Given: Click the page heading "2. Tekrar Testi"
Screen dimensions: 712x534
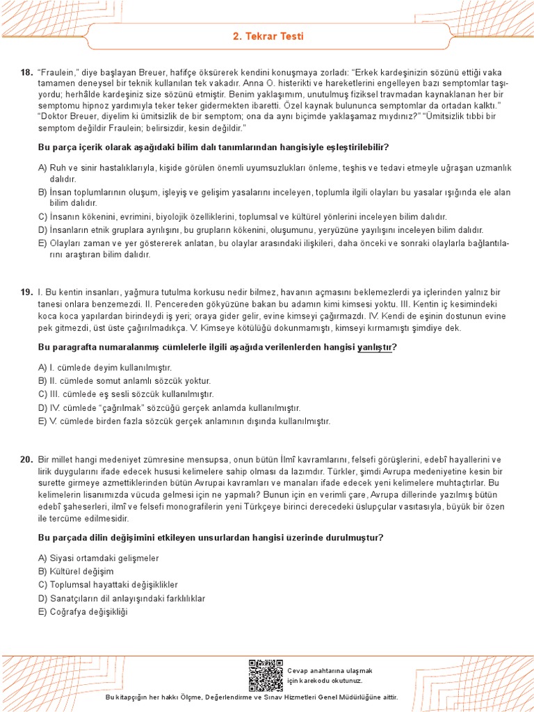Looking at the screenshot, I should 268,36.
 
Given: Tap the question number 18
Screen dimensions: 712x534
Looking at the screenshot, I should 26,73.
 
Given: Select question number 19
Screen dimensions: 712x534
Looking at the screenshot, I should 26,292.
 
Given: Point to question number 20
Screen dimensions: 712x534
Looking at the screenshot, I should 26,460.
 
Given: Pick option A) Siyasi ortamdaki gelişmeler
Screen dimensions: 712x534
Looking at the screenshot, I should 99,558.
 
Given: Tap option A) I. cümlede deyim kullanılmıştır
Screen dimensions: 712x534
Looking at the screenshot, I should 104,367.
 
